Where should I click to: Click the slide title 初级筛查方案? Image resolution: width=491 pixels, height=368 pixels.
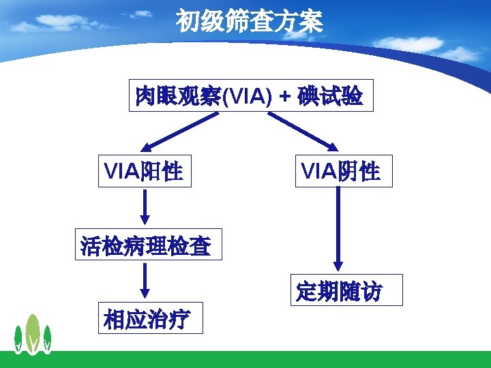tap(249, 22)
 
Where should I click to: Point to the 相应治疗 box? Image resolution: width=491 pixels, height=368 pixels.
tap(150, 318)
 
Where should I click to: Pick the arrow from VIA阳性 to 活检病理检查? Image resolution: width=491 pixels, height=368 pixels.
tap(145, 206)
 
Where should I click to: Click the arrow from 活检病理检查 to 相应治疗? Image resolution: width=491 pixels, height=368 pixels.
tap(145, 279)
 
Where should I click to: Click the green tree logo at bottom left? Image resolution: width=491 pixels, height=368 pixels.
tap(33, 335)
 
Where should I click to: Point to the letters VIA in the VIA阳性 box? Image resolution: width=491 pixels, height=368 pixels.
tap(121, 170)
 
